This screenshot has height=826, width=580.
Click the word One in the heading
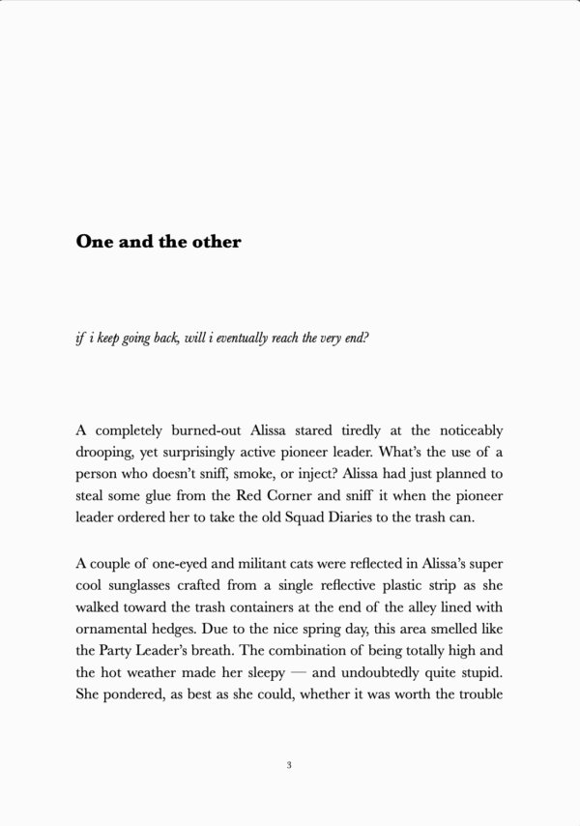point(95,242)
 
